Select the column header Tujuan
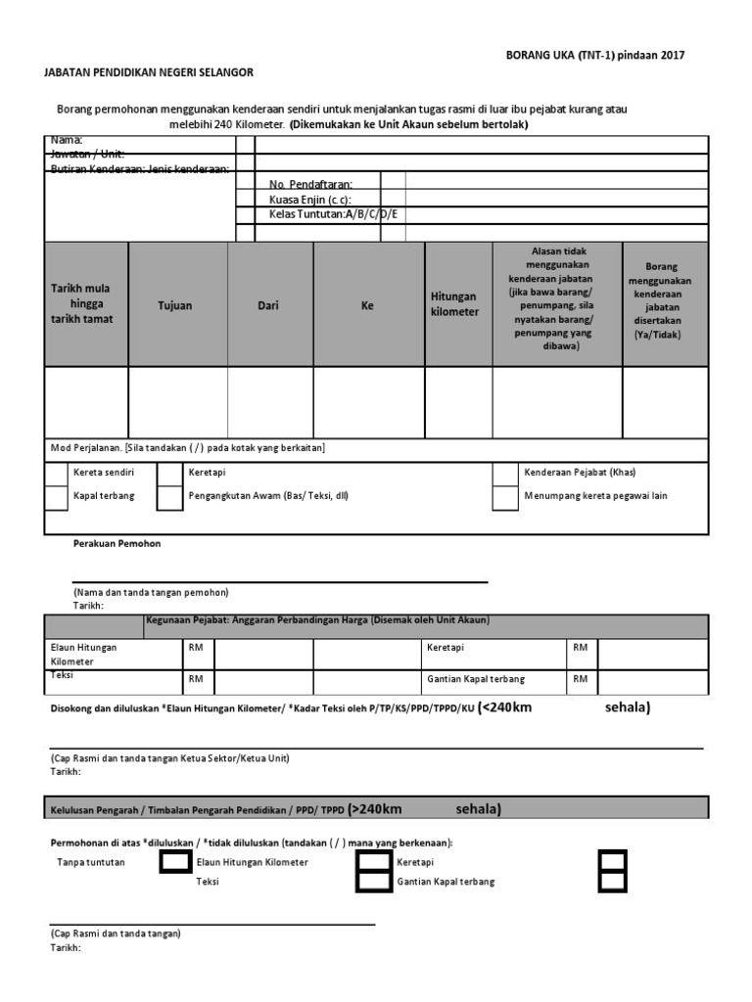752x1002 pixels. point(175,305)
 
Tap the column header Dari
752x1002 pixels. point(268,305)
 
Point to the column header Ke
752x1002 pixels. point(368,305)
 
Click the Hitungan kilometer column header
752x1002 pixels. point(455,303)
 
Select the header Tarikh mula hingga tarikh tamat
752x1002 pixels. point(82,304)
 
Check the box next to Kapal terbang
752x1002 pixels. point(57,497)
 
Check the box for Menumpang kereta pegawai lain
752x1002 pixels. point(504,497)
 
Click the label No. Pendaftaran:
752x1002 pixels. point(310,184)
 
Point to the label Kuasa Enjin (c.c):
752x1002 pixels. point(309,199)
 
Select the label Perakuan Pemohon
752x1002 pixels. point(117,543)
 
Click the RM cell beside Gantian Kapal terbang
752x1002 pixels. point(581,679)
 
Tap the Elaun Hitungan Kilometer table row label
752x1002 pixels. point(84,654)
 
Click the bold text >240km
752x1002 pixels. point(376,809)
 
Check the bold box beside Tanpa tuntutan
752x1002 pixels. point(175,862)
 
